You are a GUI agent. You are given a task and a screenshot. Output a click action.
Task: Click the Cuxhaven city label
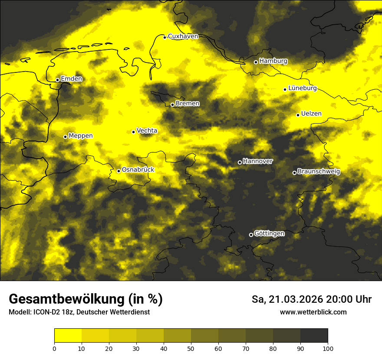[x=183, y=36]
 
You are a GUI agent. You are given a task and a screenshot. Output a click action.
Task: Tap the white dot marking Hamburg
[x=256, y=62]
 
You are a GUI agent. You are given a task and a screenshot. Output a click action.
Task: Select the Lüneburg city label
[x=302, y=88]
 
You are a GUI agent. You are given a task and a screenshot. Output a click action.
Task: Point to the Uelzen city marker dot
[x=298, y=115]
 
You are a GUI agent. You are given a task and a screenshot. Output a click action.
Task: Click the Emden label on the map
[x=71, y=79]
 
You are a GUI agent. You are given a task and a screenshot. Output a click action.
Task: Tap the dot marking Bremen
[x=172, y=105]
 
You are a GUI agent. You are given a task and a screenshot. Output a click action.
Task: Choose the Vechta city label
[x=147, y=131]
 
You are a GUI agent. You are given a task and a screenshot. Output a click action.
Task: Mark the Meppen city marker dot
[x=66, y=137]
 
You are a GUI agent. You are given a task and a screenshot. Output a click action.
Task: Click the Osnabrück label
[x=138, y=170]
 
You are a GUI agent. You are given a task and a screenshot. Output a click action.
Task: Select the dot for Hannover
[x=240, y=163]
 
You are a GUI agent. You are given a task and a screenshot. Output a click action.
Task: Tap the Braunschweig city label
[x=319, y=172]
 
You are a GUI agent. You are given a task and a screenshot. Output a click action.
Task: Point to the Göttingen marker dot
[x=251, y=235]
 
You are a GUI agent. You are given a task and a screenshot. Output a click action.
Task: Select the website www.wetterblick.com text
[x=313, y=312]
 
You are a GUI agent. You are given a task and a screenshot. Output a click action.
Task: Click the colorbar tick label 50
[x=191, y=348]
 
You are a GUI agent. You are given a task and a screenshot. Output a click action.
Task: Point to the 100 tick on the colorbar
[x=328, y=348]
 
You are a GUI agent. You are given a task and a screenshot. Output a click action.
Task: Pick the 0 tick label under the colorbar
[x=54, y=348]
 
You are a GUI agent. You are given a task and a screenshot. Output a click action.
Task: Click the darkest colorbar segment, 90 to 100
[x=314, y=336]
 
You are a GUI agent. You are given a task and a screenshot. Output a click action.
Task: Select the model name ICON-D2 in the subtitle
[x=46, y=312]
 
